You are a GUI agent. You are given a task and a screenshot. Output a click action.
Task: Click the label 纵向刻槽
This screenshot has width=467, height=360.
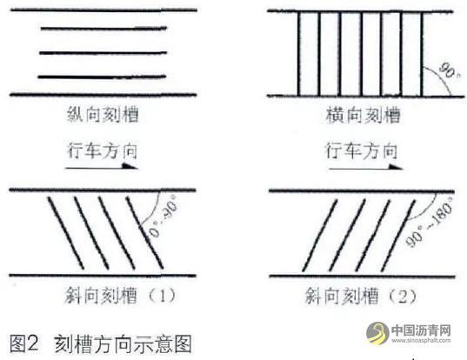click(x=103, y=115)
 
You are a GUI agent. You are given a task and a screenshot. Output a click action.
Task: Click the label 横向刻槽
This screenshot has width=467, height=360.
click(x=363, y=116)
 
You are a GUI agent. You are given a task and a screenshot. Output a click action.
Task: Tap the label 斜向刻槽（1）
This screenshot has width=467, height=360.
click(x=120, y=296)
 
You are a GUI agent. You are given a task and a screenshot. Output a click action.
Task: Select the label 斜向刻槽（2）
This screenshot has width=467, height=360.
click(x=360, y=296)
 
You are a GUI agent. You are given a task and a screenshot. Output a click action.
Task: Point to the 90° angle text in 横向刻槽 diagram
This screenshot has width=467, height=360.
click(x=448, y=70)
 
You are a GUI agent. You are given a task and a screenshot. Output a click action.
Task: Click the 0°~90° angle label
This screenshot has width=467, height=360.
click(x=163, y=219)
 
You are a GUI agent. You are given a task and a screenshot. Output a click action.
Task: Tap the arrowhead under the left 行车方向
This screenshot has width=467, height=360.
click(x=130, y=166)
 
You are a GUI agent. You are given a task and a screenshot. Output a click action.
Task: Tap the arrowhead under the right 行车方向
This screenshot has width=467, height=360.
click(x=395, y=166)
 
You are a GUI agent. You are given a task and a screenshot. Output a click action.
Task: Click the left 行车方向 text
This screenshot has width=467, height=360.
click(x=102, y=151)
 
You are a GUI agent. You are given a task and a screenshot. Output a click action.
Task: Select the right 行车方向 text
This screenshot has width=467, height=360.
click(x=361, y=150)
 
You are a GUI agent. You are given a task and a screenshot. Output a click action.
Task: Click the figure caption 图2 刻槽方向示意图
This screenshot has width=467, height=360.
click(x=100, y=343)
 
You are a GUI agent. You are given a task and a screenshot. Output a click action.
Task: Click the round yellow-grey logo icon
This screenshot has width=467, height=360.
click(x=377, y=333)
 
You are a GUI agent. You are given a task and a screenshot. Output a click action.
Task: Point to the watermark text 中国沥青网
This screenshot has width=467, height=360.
click(x=421, y=330)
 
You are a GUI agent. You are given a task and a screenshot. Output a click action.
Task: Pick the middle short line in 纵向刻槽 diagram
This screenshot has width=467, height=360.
click(x=103, y=53)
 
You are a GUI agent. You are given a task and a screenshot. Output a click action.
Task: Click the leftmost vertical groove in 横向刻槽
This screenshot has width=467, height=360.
click(x=299, y=54)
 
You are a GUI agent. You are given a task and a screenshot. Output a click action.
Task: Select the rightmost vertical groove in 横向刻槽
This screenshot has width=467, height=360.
click(x=422, y=54)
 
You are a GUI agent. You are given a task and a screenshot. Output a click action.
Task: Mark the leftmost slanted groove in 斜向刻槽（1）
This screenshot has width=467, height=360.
click(x=66, y=233)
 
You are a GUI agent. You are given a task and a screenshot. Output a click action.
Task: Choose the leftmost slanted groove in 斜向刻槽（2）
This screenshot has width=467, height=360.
click(x=319, y=236)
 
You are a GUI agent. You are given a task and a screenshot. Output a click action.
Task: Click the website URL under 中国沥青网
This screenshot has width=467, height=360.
click(x=421, y=340)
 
